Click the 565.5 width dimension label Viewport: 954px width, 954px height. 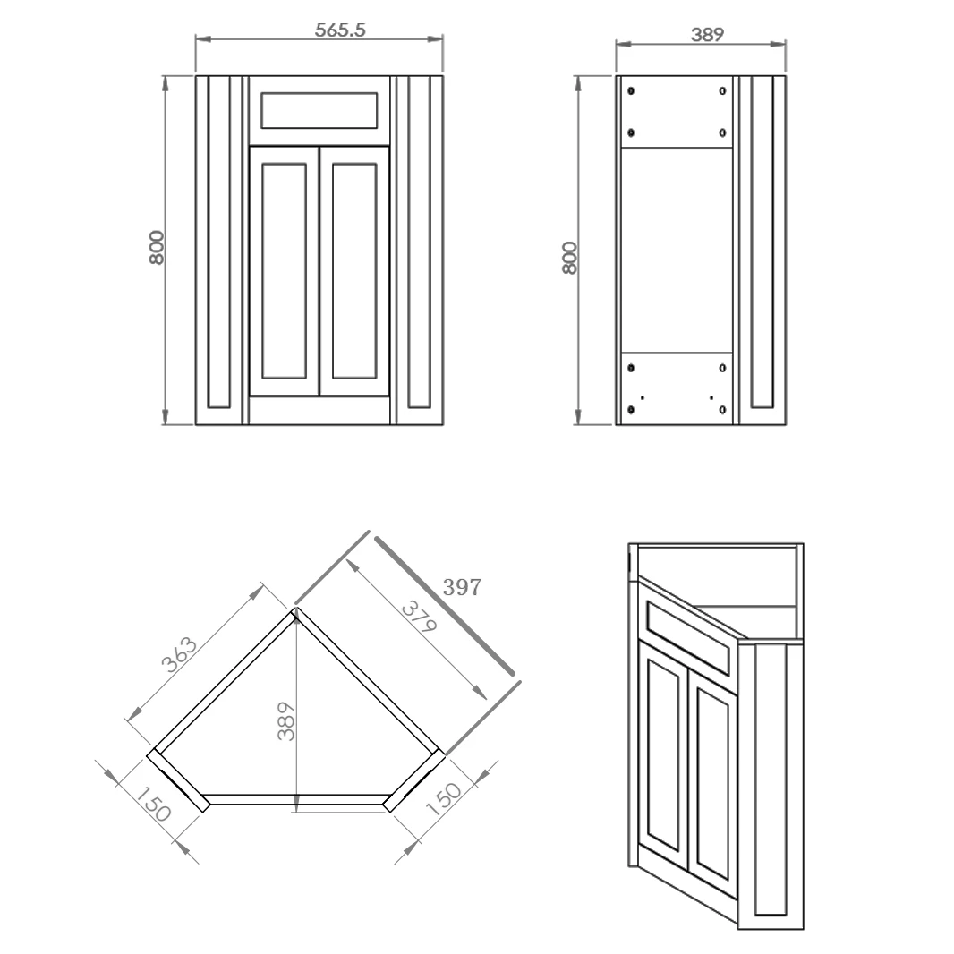point(340,30)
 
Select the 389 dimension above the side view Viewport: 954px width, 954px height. point(707,35)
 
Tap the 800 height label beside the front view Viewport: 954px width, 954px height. point(157,247)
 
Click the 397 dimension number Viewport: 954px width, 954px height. point(463,588)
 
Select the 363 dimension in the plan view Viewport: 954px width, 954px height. point(180,654)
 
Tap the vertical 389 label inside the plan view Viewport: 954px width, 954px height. point(285,720)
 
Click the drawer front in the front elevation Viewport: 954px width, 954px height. point(318,111)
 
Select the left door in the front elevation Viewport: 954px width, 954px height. point(284,270)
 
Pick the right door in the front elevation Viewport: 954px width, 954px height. point(353,270)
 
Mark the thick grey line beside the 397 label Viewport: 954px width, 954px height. point(445,604)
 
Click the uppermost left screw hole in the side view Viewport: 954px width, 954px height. point(632,91)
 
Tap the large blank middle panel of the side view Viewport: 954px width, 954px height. point(677,251)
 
